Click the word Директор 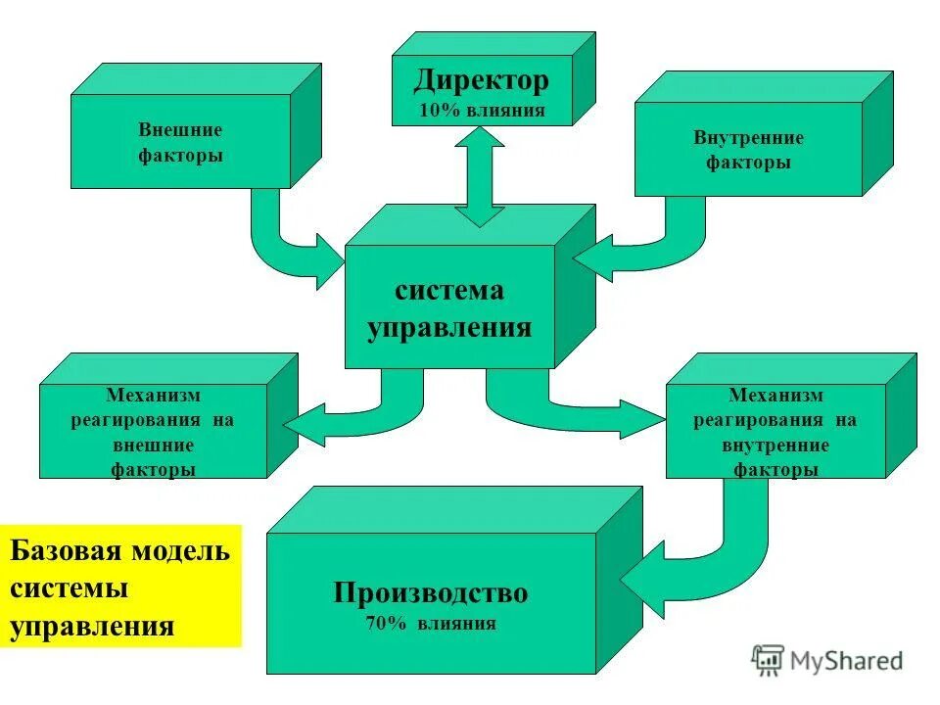pos(481,79)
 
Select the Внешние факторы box pos(180,142)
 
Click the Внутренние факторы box pos(748,150)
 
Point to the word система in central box pos(449,291)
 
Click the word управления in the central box pos(449,327)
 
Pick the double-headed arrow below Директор pos(480,176)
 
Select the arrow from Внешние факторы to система pos(284,240)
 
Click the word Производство pos(431,593)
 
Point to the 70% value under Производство pos(386,624)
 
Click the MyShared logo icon pos(769,660)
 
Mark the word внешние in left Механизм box pos(152,446)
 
